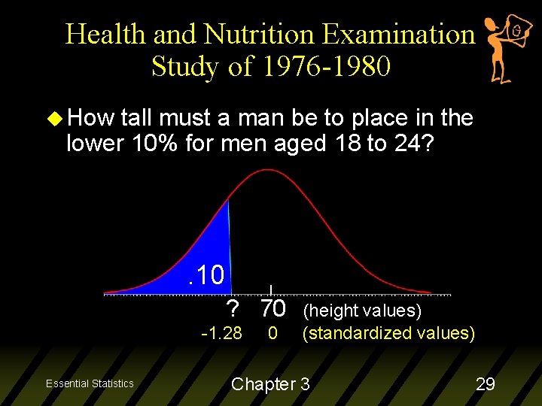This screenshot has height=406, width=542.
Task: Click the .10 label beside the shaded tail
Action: coord(206,275)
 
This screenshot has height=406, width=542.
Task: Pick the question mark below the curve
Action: coord(233,309)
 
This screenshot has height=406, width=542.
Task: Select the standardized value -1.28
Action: coord(221,333)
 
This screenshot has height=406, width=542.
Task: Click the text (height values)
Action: coord(361,311)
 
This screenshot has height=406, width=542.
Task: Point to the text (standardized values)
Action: coord(388,333)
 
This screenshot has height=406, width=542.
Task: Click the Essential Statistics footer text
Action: coord(90,383)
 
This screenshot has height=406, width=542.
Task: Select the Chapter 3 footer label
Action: coord(270,384)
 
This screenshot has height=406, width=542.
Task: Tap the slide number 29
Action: coord(485,384)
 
